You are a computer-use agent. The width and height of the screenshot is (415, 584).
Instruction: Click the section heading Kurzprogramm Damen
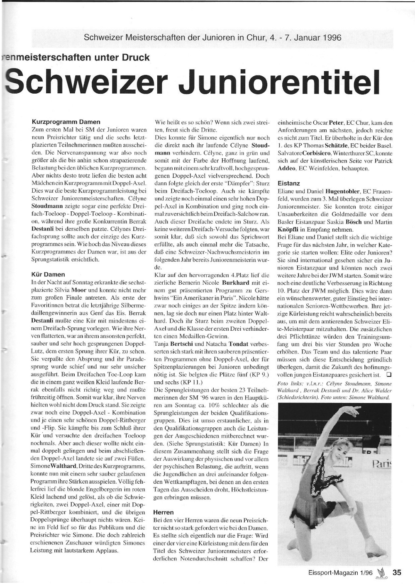[x=66, y=122]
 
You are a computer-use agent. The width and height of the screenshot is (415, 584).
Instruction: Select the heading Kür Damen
[x=48, y=274]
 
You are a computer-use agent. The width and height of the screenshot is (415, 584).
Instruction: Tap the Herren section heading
[x=164, y=512]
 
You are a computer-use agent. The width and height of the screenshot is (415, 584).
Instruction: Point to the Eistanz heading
[x=288, y=183]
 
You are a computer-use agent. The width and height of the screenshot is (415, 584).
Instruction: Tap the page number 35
[x=397, y=572]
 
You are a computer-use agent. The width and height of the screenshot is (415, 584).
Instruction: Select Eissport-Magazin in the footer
[x=331, y=573]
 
